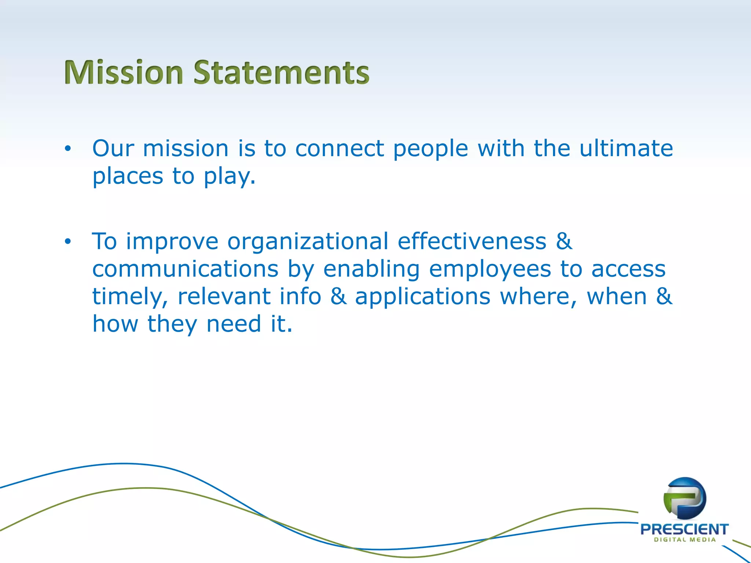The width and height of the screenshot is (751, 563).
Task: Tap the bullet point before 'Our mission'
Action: (67, 149)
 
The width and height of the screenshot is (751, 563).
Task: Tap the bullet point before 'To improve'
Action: (67, 242)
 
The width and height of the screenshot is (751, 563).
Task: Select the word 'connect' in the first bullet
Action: (340, 149)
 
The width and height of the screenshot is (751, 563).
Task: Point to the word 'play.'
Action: (230, 177)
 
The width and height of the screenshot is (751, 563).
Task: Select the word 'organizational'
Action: (308, 242)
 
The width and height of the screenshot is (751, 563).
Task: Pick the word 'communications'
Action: (185, 269)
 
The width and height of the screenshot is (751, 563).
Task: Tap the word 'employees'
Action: (490, 270)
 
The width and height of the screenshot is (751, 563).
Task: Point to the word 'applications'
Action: (422, 297)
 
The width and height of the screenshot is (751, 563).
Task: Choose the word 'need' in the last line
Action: (234, 324)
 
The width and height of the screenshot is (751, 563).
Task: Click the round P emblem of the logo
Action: (685, 498)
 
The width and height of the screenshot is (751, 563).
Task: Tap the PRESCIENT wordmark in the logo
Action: (684, 529)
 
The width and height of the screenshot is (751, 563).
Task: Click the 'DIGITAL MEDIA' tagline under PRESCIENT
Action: (685, 540)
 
